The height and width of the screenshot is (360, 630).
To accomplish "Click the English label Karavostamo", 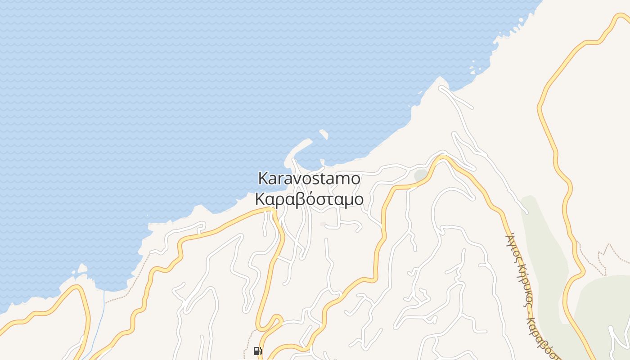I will pyautogui.click(x=309, y=179).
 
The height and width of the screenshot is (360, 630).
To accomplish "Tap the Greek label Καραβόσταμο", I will pyautogui.click(x=309, y=199).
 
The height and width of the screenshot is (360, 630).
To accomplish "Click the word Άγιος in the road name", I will pyautogui.click(x=513, y=245).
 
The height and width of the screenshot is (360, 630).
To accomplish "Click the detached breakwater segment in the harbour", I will pyautogui.click(x=324, y=134).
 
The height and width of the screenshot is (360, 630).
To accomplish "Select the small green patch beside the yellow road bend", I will pyautogui.click(x=420, y=175).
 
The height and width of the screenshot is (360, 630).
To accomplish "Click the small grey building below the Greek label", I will pyautogui.click(x=323, y=224).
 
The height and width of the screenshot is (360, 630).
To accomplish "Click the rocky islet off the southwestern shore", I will pyautogui.click(x=82, y=269).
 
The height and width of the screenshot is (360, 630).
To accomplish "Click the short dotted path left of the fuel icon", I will pyautogui.click(x=247, y=344).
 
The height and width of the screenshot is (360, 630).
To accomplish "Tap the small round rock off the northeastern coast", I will pyautogui.click(x=472, y=70).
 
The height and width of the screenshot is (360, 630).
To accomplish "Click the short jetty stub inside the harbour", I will pyautogui.click(x=322, y=162).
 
